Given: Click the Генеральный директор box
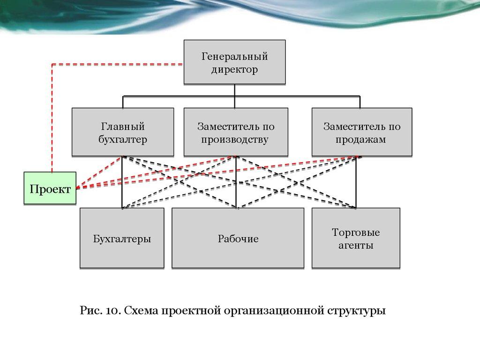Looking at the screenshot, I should [234, 62].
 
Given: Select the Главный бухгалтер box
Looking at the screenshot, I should [122, 132].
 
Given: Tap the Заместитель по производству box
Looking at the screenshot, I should [235, 132].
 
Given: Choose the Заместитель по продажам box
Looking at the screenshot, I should [361, 132].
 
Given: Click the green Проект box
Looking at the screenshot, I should [50, 188].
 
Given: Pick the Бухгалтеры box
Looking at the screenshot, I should [122, 238].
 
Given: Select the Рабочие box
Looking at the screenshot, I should [238, 238].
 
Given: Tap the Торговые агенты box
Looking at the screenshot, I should [356, 238].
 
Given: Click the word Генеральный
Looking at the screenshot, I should [234, 57].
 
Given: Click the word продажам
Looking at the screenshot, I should [361, 139].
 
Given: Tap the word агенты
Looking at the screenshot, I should [356, 245].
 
